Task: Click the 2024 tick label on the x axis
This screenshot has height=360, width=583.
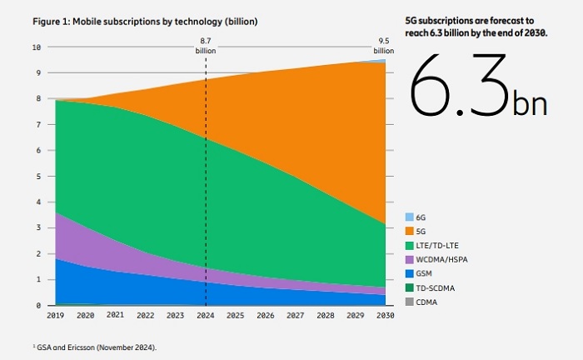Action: click(x=206, y=316)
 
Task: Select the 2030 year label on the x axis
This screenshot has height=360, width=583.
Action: click(x=384, y=316)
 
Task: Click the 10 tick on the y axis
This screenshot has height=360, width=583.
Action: click(x=36, y=47)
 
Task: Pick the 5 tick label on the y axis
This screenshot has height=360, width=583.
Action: click(x=38, y=177)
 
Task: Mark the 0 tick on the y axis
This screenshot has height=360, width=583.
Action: click(x=38, y=306)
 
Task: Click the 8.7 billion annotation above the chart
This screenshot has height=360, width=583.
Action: click(x=206, y=45)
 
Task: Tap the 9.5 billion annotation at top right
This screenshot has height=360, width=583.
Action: click(x=384, y=45)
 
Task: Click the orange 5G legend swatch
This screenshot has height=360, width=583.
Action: click(x=409, y=229)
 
